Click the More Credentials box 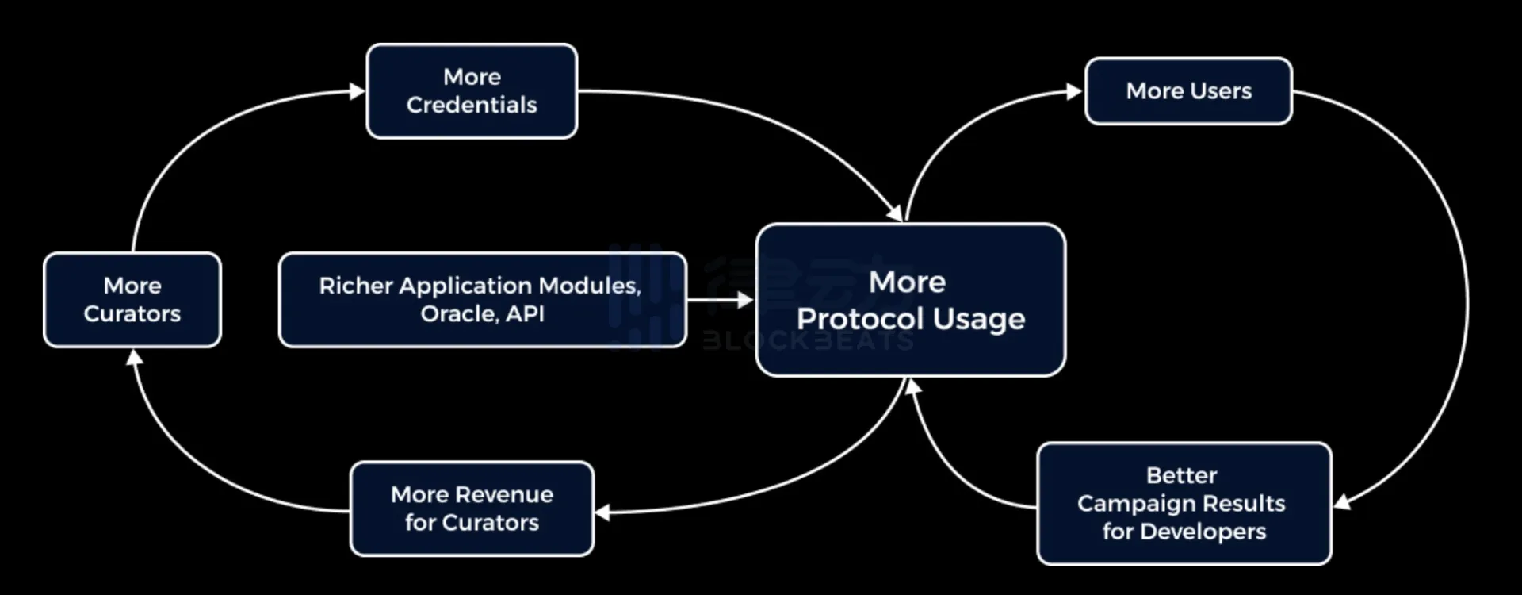(x=472, y=91)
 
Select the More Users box (x=1188, y=91)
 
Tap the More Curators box (x=132, y=300)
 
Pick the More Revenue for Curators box (x=472, y=509)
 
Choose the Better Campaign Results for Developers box (x=1184, y=504)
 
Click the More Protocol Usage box (x=911, y=300)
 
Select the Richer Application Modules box (x=482, y=300)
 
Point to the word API (x=525, y=314)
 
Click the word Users (x=1221, y=91)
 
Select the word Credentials (x=472, y=105)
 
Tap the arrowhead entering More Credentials (x=358, y=92)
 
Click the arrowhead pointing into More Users (x=1075, y=92)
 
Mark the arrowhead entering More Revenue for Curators (x=603, y=512)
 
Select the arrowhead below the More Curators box (x=135, y=359)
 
